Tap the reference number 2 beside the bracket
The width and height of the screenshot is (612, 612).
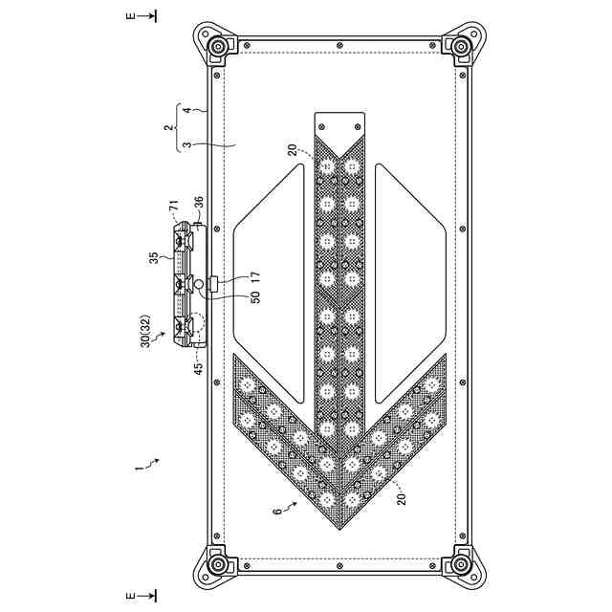(x=168, y=127)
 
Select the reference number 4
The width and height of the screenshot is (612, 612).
(x=187, y=111)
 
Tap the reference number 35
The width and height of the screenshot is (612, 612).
(x=155, y=258)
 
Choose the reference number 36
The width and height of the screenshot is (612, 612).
(x=199, y=203)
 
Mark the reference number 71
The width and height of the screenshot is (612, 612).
(x=174, y=206)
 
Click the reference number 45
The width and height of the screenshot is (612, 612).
(x=199, y=368)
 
